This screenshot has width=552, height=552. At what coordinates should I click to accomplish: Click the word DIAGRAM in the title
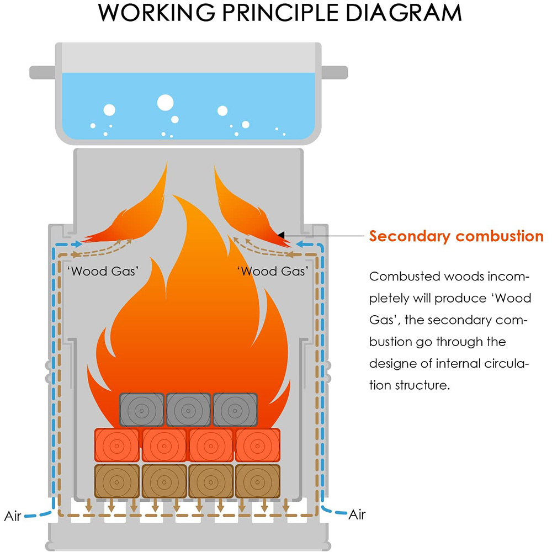coord(404,13)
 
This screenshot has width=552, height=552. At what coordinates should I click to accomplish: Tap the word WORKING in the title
coord(157,13)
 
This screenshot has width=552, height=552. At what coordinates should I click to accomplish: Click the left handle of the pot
coord(43,72)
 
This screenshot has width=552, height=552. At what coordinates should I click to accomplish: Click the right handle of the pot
coord(334,72)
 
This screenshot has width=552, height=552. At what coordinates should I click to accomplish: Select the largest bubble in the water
coord(165,103)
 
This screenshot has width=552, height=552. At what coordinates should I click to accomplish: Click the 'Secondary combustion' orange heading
coord(457,236)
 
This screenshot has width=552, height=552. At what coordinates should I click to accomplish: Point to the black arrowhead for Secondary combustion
coord(281,235)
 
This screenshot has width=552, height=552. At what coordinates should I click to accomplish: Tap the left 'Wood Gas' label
coord(103,271)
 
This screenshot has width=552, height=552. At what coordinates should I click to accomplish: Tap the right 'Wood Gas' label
coord(273,271)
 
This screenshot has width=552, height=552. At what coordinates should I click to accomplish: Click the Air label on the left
coord(13,516)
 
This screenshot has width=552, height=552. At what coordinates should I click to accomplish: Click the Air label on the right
coord(357,514)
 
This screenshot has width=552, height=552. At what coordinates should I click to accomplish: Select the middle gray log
coord(188,410)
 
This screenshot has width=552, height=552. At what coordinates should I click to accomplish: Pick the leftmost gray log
coord(142,410)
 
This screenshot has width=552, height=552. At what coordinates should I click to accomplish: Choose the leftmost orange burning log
coord(117,445)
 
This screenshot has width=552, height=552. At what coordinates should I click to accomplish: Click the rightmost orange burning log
coord(258,445)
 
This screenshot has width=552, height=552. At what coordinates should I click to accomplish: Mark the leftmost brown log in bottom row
coord(117,481)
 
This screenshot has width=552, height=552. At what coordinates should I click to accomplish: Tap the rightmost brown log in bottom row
coord(258,481)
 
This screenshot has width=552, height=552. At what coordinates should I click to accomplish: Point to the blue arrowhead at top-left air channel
coord(78,243)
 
